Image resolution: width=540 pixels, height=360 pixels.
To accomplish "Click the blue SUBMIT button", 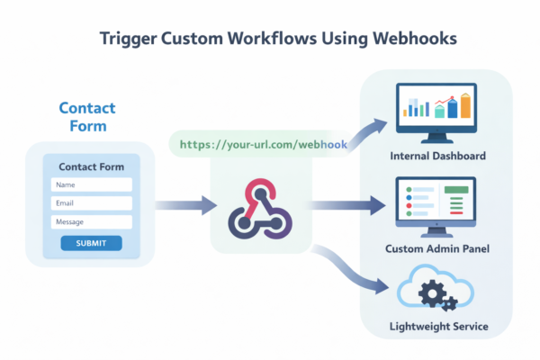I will tap(91, 243).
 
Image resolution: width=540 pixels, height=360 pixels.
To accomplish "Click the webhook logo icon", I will tap(261, 206).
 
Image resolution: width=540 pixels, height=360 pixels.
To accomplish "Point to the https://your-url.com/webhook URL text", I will tap(263, 144).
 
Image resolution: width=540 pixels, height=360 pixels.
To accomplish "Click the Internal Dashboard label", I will tap(438, 157).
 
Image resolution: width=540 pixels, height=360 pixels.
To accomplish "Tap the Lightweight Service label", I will tap(439, 327).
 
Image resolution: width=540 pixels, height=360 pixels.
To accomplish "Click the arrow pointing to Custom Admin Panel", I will tap(346, 206).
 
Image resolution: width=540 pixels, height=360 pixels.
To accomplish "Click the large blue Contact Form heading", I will tap(87, 117).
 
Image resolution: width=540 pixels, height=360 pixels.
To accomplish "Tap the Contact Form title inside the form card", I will tap(91, 166).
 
